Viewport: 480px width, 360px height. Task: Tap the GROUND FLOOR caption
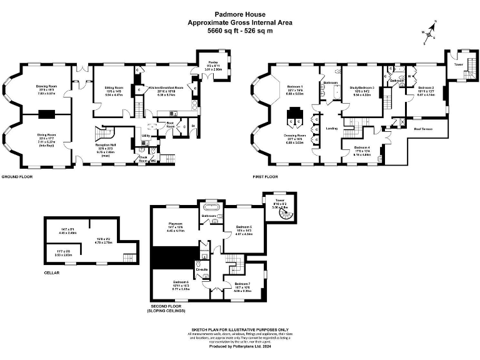coord(16,177)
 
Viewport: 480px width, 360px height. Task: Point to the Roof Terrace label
coord(424,129)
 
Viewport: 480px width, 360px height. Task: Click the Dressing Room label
coord(296,135)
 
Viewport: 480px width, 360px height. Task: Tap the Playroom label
coord(174,223)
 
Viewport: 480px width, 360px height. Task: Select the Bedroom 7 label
coord(243,284)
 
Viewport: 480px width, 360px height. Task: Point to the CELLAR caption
coord(52,272)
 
